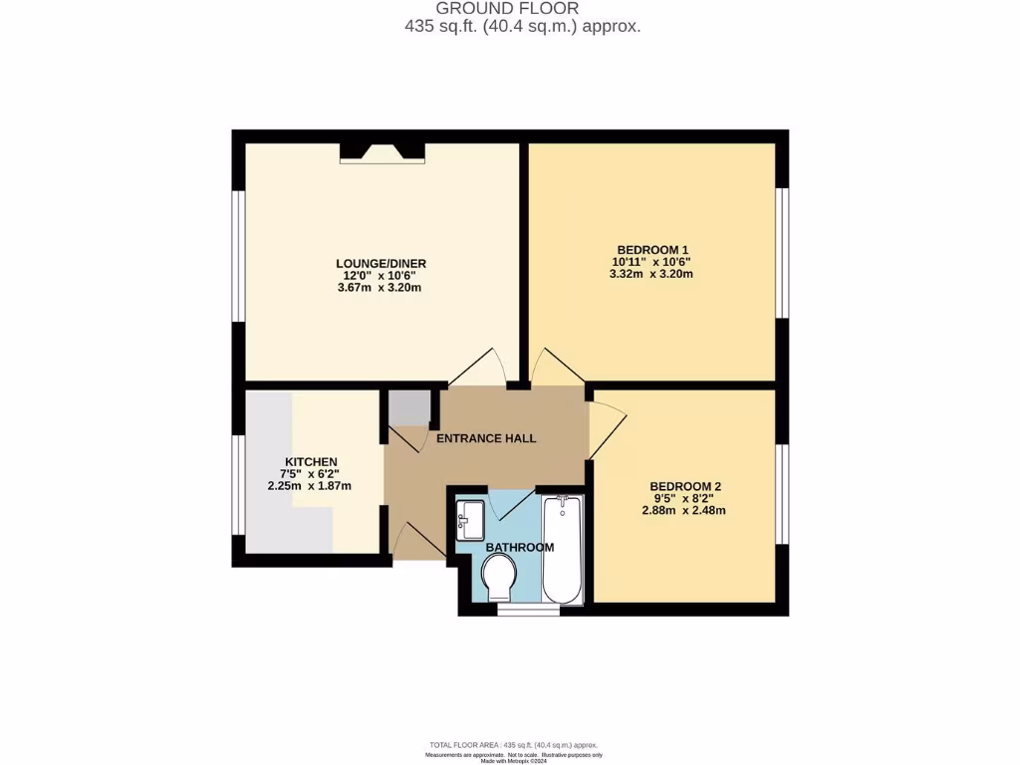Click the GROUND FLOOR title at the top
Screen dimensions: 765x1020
pyautogui.click(x=522, y=8)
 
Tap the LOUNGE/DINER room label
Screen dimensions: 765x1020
pyautogui.click(x=382, y=263)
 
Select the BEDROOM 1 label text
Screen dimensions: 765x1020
pyautogui.click(x=652, y=249)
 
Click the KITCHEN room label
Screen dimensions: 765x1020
pyautogui.click(x=311, y=462)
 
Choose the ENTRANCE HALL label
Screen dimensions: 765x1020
pyautogui.click(x=487, y=438)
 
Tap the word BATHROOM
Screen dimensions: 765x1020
pyautogui.click(x=519, y=547)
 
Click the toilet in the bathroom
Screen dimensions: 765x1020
pyautogui.click(x=498, y=577)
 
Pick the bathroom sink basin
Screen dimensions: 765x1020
pyautogui.click(x=469, y=519)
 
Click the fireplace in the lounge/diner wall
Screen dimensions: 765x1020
pyautogui.click(x=382, y=151)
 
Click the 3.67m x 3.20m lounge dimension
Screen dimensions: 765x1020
pyautogui.click(x=382, y=289)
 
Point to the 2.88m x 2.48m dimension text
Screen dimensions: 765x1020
pyautogui.click(x=682, y=511)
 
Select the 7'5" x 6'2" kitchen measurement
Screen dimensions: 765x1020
pyautogui.click(x=311, y=474)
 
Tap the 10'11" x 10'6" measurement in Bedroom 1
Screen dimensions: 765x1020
pyautogui.click(x=652, y=261)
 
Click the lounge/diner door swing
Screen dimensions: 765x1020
pyautogui.click(x=478, y=369)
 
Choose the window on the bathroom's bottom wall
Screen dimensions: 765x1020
pyautogui.click(x=520, y=609)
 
